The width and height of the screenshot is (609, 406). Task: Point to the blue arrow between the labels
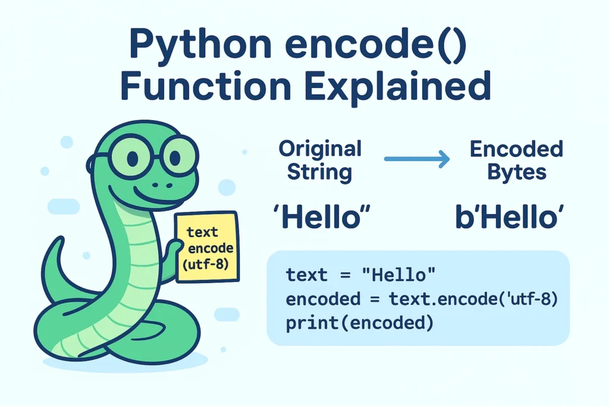tap(416, 159)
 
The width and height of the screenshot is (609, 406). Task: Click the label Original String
tap(320, 160)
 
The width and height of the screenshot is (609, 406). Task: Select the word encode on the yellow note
tap(210, 248)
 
